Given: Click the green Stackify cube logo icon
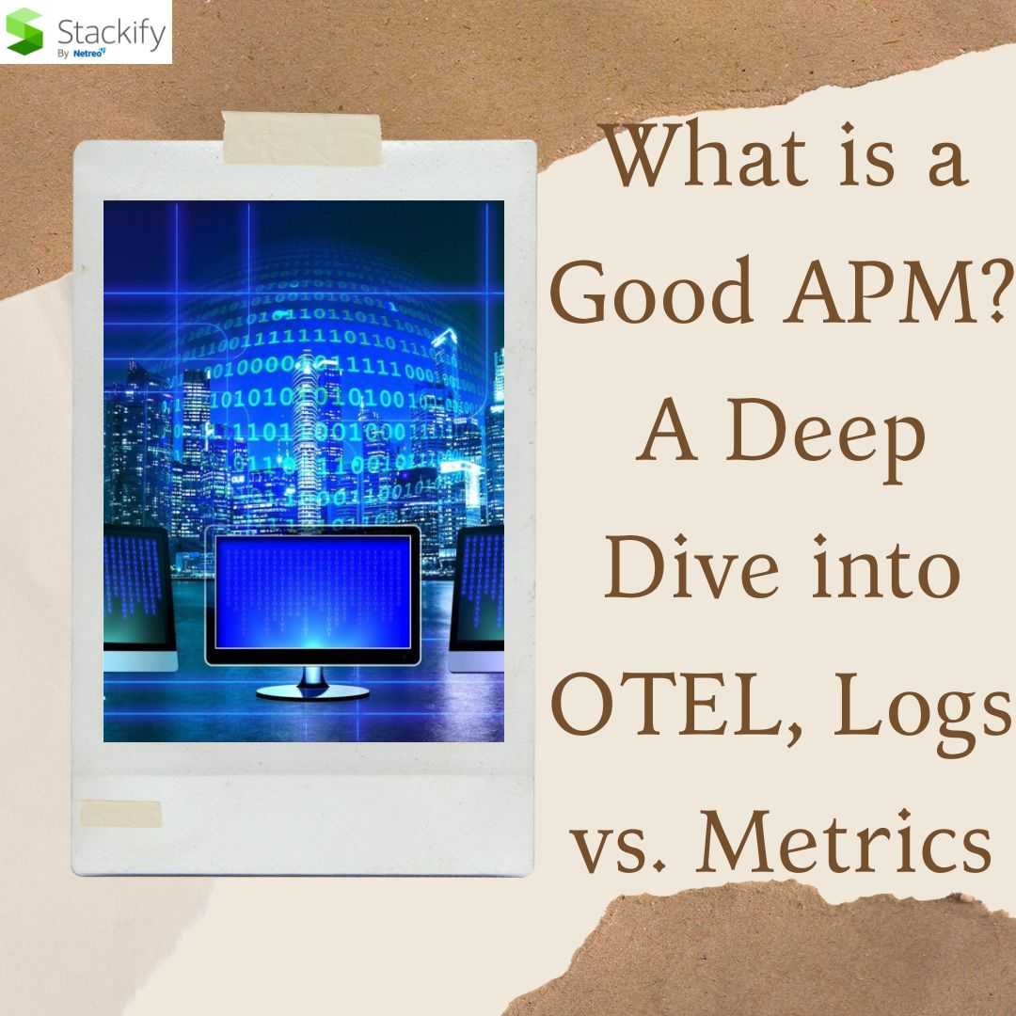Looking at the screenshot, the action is click(24, 32).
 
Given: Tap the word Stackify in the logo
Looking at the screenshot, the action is click(111, 32).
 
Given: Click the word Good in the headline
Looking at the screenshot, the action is click(652, 290).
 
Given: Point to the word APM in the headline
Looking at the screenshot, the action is click(881, 290).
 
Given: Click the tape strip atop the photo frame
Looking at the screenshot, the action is click(302, 138).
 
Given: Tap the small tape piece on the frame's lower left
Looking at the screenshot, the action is click(120, 814).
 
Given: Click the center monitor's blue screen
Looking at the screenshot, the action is click(313, 592).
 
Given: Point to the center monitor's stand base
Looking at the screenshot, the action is click(312, 692).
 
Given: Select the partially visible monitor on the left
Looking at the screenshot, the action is click(139, 597).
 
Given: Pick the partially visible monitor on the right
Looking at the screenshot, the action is click(477, 597).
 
